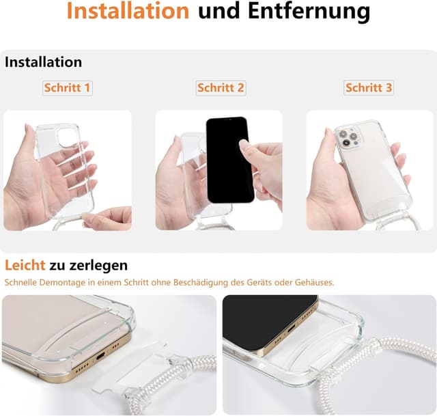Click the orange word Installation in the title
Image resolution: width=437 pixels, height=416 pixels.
point(128,12)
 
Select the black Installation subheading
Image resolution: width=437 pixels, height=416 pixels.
point(43,62)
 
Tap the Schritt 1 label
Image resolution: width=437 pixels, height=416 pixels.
point(67,88)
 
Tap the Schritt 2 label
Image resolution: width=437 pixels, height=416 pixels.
point(221,88)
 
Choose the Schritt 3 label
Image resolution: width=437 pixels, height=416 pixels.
point(369,88)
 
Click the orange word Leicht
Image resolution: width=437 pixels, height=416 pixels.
point(25,265)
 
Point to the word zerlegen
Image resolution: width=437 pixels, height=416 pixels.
point(98,265)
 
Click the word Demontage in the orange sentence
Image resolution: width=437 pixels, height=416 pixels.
point(68,282)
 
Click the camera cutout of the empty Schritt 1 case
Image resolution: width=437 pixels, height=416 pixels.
point(68,137)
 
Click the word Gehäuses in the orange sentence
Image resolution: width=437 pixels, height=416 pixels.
point(314,282)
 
